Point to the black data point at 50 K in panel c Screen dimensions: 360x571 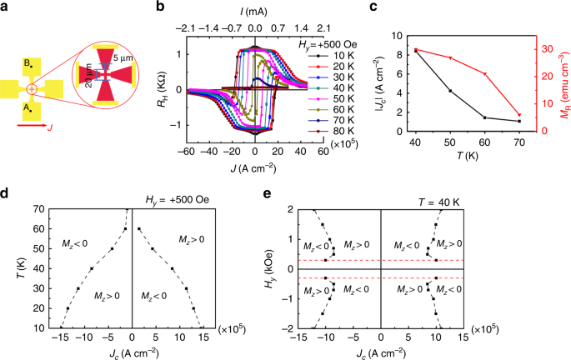pyautogui.click(x=451, y=91)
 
